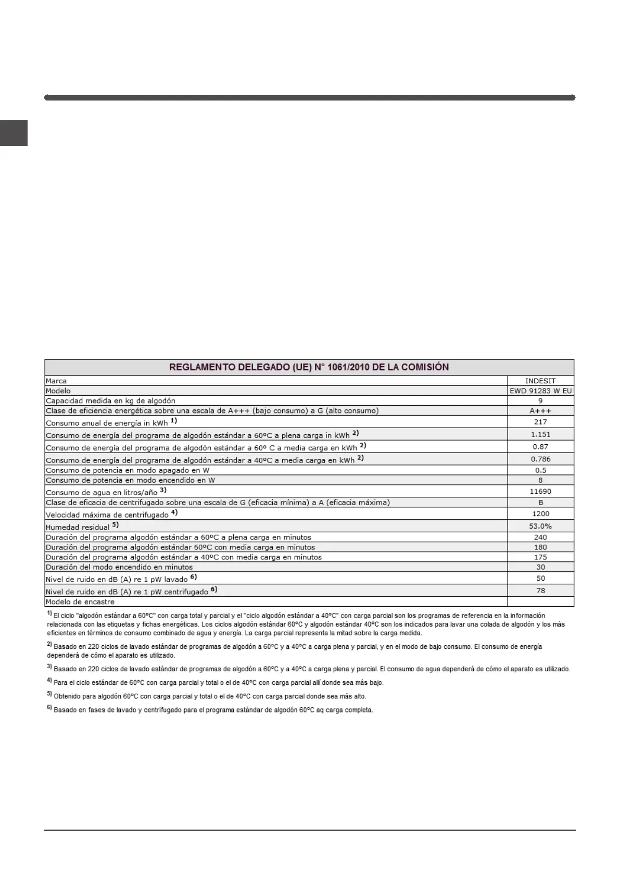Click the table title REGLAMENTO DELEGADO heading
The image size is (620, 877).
[x=309, y=367]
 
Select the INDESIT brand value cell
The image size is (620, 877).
[x=540, y=381]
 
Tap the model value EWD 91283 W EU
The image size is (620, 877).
[x=540, y=391]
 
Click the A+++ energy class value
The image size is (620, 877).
[x=540, y=411]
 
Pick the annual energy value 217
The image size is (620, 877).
[x=540, y=422]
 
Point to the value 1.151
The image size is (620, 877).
[x=540, y=434]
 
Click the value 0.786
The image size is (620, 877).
[x=540, y=459]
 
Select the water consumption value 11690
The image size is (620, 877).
[x=540, y=491]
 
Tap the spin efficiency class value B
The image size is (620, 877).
[x=540, y=503]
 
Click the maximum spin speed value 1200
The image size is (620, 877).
[x=540, y=513]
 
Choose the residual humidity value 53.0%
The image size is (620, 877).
[x=540, y=526]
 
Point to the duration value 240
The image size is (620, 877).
[x=540, y=537]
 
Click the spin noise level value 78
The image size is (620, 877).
[x=540, y=591]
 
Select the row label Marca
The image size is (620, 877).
[x=56, y=381]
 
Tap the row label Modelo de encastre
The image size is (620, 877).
[x=80, y=602]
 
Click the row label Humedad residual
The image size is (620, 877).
[x=78, y=527]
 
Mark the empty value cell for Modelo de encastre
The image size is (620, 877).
[x=540, y=602]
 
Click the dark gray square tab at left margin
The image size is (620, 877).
[x=14, y=133]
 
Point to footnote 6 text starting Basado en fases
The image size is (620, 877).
[x=213, y=710]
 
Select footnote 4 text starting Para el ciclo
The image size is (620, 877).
[x=218, y=682]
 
